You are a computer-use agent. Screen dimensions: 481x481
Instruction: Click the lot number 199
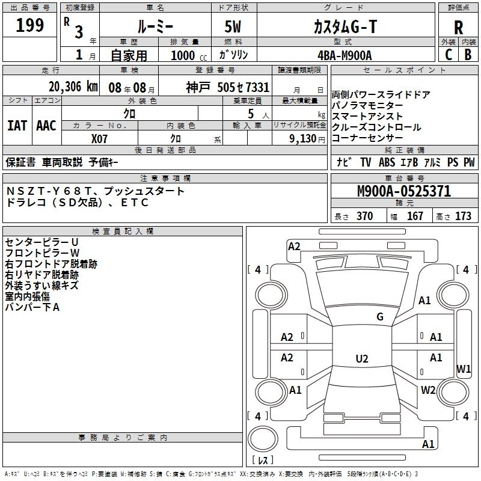pos(30,26)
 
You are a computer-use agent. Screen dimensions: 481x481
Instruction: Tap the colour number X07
pos(99,138)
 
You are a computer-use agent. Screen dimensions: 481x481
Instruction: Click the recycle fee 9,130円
pos(307,138)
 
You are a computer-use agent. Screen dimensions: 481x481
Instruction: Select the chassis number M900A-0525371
pos(403,192)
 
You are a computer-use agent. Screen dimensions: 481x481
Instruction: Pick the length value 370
pos(364,216)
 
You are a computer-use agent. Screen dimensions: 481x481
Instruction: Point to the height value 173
pos(463,216)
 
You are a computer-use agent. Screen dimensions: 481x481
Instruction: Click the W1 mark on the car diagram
pos(464,369)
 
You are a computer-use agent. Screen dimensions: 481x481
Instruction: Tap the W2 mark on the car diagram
pos(428,390)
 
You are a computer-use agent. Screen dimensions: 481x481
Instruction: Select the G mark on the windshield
pos(379,317)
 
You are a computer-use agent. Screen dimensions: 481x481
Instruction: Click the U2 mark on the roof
pos(361,359)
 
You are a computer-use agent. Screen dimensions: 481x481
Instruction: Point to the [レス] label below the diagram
pos(263,462)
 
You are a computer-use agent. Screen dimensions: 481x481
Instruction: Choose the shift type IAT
pos(17,126)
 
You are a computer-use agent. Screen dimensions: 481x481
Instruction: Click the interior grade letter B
pos(468,55)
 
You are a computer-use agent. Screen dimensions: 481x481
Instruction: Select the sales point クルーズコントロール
pos(376,127)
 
